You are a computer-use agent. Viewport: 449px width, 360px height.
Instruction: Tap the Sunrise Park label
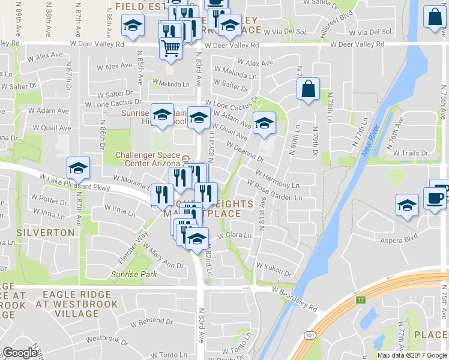click(134, 274)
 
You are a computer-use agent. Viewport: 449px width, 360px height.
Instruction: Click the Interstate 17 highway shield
click(361, 299)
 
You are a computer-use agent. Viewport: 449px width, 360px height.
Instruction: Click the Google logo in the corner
click(20, 353)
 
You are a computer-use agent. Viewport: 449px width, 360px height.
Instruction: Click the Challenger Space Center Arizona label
click(148, 159)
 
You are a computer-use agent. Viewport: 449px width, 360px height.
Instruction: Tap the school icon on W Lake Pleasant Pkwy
click(78, 169)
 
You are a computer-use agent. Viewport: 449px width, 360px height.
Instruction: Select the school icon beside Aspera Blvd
click(407, 205)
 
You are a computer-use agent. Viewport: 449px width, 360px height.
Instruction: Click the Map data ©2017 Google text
click(412, 355)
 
